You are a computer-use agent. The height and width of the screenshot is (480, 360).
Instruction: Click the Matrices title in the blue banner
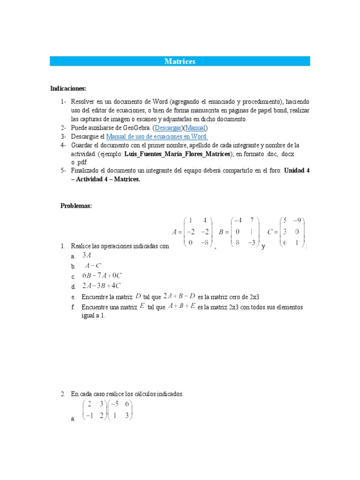[180, 61]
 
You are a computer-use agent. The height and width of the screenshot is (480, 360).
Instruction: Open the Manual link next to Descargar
[195, 128]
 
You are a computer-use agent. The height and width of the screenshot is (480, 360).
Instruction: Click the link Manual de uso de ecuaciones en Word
[157, 137]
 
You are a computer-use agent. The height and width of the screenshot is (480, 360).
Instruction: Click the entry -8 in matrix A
[205, 242]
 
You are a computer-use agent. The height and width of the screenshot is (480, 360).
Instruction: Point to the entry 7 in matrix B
[251, 220]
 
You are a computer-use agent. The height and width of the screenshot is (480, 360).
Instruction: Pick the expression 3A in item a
[87, 255]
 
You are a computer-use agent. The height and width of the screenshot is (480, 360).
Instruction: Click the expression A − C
[92, 266]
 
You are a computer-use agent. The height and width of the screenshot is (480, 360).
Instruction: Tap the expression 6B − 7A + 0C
[102, 276]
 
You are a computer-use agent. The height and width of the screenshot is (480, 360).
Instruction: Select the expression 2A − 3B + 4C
[102, 286]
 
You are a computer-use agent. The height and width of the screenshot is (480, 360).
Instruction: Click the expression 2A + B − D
[179, 296]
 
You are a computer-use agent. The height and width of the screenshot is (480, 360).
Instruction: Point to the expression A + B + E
[180, 307]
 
